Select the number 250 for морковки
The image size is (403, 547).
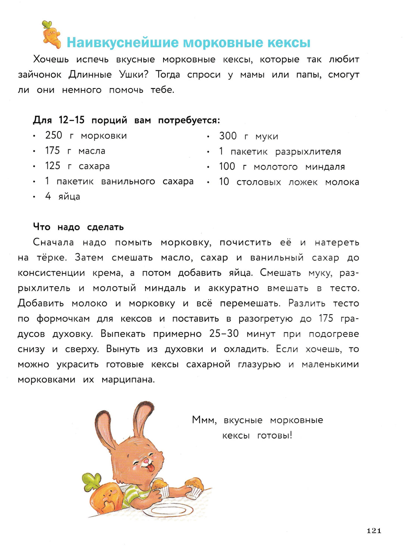click(x=53, y=135)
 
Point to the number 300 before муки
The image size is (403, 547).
click(x=228, y=136)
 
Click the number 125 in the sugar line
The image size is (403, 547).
click(x=53, y=166)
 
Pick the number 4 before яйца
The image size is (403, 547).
click(x=48, y=196)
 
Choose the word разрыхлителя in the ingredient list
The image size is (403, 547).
click(x=308, y=151)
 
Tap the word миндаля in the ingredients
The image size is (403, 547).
click(x=325, y=167)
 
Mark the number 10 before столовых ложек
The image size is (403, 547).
click(x=224, y=182)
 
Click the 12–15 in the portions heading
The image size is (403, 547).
click(x=72, y=120)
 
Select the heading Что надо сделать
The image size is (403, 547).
click(x=78, y=227)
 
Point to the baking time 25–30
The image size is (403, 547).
click(x=224, y=334)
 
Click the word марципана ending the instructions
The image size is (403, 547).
click(x=128, y=379)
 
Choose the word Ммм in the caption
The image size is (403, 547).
click(x=204, y=420)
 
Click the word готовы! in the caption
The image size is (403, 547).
click(x=275, y=435)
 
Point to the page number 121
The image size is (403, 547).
click(x=374, y=531)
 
